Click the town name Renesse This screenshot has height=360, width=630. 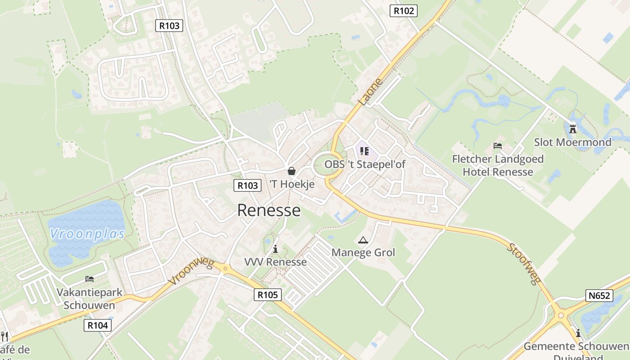pos(269,210)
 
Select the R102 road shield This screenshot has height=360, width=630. pos(403,11)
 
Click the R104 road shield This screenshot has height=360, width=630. pos(98,325)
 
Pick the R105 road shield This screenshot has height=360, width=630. pos(268,295)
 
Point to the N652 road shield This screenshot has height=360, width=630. pos(599,296)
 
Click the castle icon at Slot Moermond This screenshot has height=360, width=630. pos(572,129)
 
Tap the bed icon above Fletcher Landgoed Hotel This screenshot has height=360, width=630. pos(498,146)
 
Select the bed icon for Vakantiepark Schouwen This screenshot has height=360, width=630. pos(89,279)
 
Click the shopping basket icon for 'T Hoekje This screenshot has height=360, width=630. pos(292,171)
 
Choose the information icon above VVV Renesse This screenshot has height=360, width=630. pos(275,249)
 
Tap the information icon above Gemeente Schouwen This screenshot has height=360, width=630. pos(578,333)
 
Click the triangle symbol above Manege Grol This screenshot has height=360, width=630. pos(363,240)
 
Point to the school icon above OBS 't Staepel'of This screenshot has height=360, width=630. pos(364,151)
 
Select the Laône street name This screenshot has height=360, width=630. pos(371,92)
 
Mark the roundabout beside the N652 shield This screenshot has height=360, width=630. pos(561,315)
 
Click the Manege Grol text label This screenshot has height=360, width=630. pos(363,252)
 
